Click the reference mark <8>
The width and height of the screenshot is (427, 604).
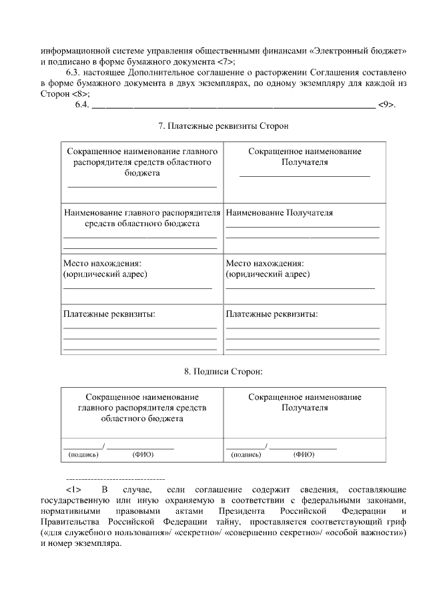tap(81, 93)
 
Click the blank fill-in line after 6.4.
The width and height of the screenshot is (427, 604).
tap(233, 104)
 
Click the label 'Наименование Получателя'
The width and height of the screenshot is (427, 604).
tap(280, 213)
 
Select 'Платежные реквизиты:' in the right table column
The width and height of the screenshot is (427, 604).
tap(272, 314)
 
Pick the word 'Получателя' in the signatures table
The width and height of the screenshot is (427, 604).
tap(305, 407)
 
